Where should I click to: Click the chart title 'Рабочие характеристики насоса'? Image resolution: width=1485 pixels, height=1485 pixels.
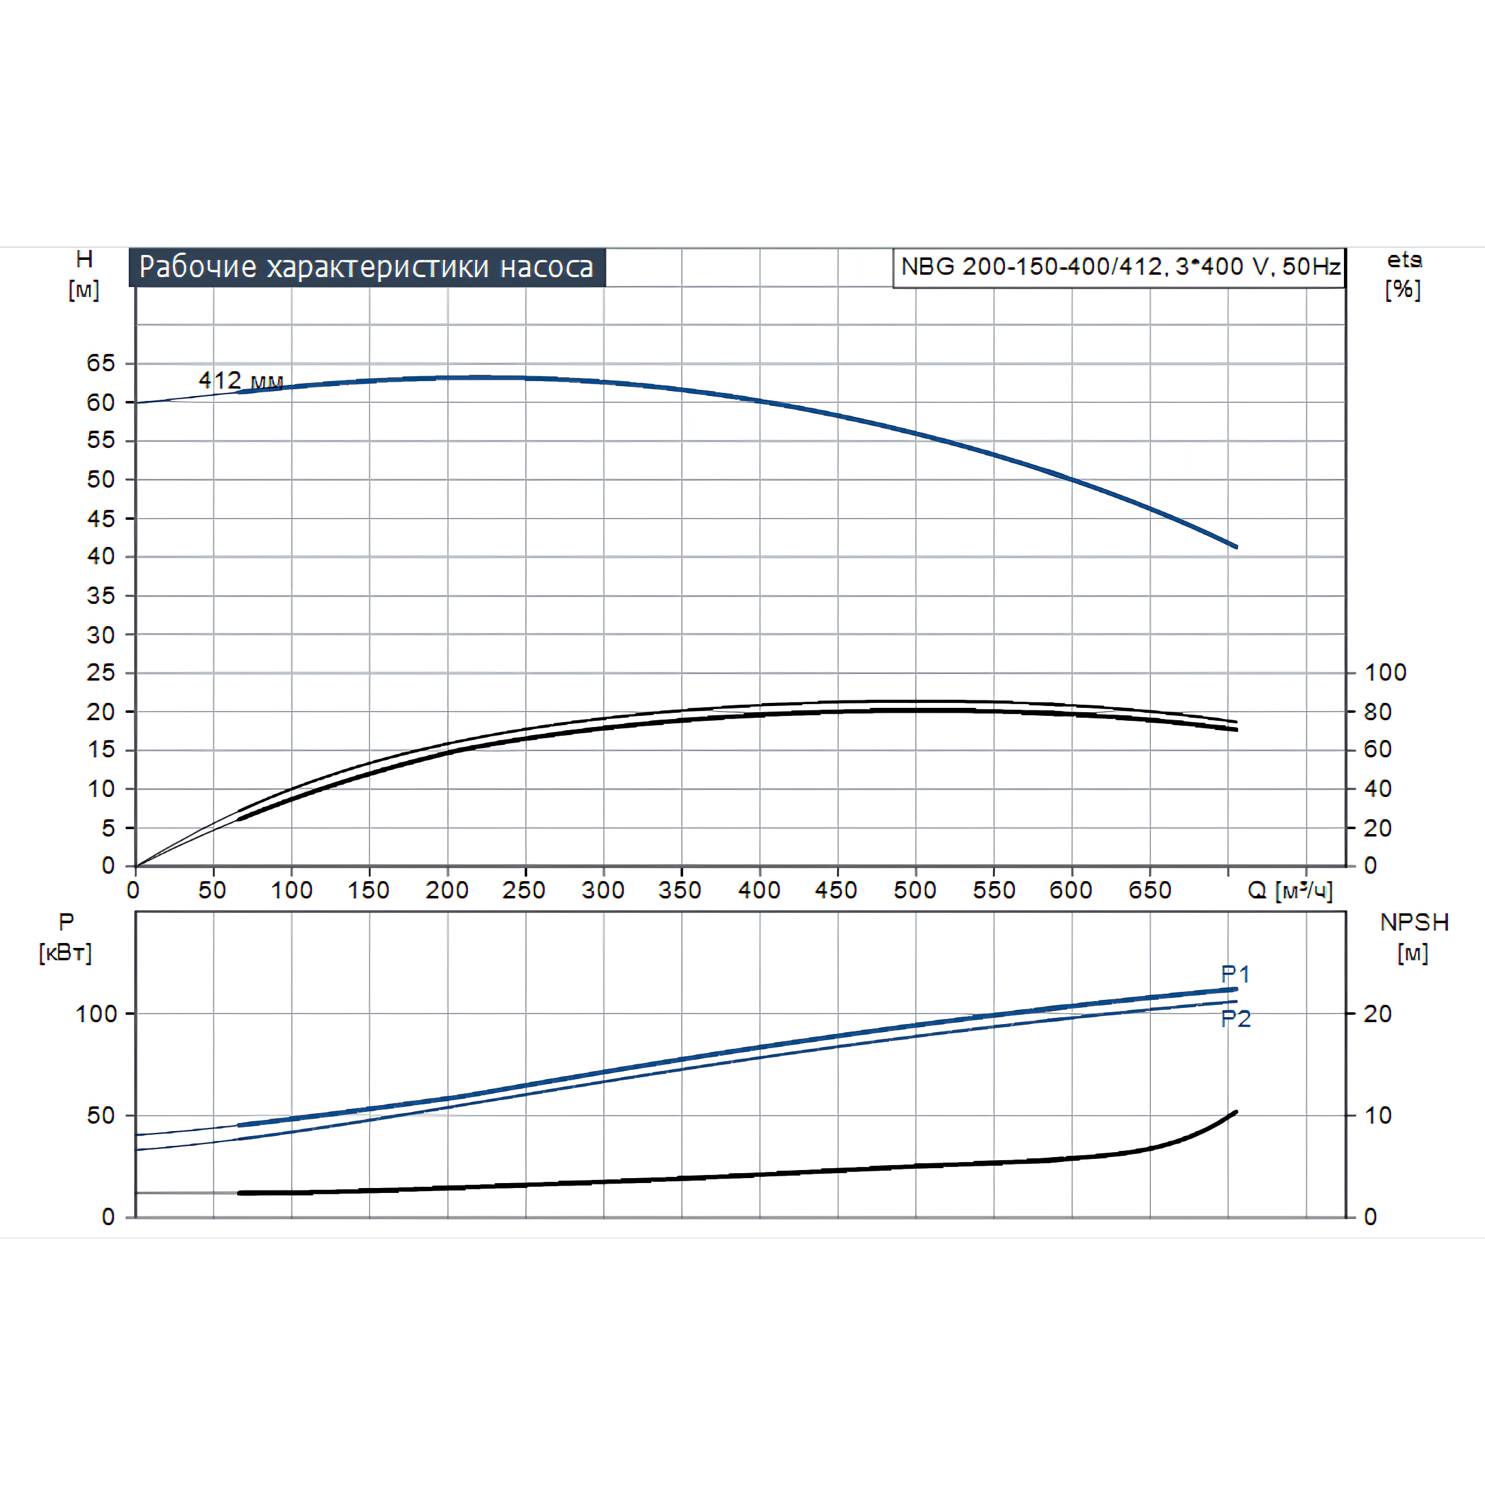point(367,267)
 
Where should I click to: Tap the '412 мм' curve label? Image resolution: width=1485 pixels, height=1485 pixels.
point(241,380)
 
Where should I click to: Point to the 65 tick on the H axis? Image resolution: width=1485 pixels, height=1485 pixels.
point(101,363)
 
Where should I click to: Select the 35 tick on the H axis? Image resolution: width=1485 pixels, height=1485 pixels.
point(101,596)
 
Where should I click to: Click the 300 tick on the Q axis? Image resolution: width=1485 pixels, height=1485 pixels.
point(603,890)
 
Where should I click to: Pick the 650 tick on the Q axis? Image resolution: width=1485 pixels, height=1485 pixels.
point(1149,890)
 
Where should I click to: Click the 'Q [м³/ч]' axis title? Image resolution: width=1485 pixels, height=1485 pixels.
point(1289,890)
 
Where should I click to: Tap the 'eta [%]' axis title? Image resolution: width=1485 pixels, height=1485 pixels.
point(1403,274)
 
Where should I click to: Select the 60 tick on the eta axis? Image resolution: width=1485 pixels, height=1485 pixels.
point(1377,749)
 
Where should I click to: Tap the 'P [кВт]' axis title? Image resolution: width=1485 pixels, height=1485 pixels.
point(66,937)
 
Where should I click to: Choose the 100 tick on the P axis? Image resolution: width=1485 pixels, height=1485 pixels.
point(95,1014)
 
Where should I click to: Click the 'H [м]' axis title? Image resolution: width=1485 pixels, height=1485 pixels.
point(84,274)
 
